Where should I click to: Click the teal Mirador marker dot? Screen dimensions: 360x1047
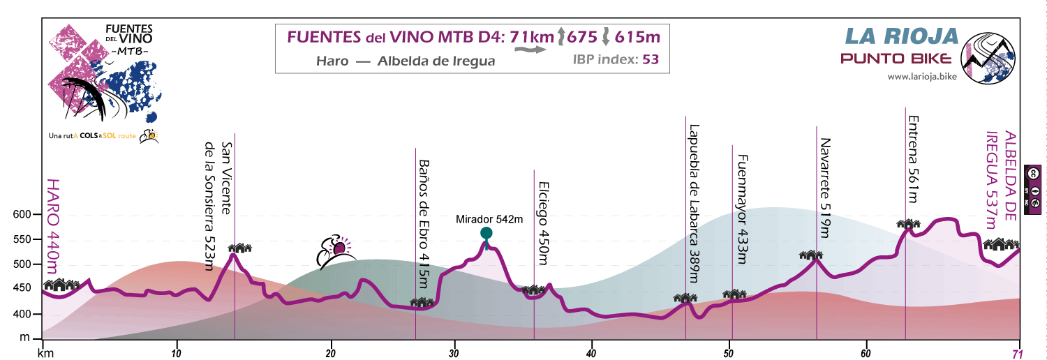point(487,233)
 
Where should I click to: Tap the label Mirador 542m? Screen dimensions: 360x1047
point(489,219)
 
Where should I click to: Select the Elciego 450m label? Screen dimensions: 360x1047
point(543,223)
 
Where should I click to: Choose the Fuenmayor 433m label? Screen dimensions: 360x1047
point(741,209)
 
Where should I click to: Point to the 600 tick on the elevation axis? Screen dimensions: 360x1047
point(23,215)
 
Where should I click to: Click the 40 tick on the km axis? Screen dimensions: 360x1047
point(591,352)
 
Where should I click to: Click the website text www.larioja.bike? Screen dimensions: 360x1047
point(921,76)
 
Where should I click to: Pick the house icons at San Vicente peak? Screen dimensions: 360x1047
point(239,248)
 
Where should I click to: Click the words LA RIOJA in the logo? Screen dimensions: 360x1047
point(900,36)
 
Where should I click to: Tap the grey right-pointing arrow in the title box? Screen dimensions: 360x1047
point(537,50)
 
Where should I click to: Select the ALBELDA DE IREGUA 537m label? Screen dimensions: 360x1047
point(1002,179)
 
